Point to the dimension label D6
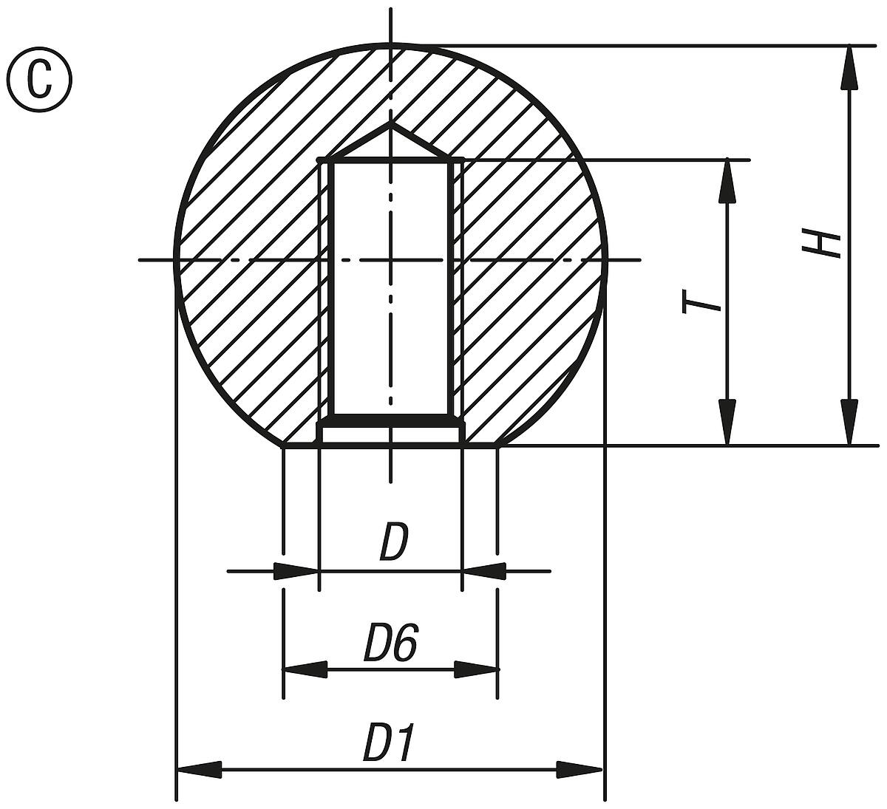tap(391, 643)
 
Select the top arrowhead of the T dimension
tap(728, 181)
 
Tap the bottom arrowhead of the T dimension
tap(728, 423)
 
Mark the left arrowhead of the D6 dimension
tap(305, 669)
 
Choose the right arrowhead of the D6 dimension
tap(476, 669)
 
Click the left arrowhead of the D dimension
tap(296, 571)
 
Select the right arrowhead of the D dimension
tap(484, 571)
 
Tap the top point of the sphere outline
tap(391, 44)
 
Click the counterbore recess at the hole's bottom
tap(391, 434)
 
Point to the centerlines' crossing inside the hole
tap(391, 260)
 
